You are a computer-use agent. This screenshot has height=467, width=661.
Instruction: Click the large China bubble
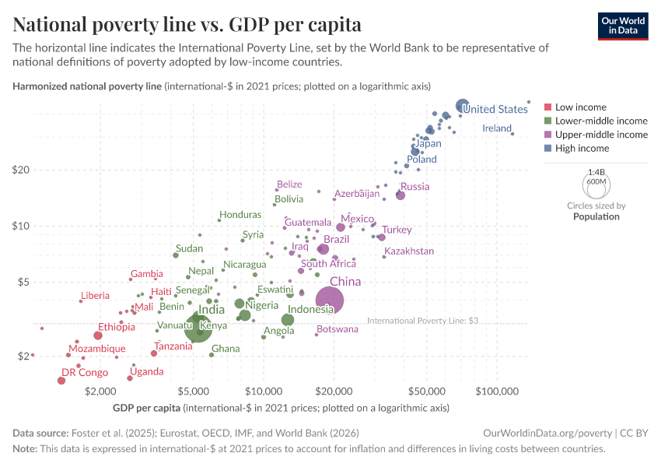tap(330, 300)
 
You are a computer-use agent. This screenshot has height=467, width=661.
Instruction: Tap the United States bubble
tap(462, 106)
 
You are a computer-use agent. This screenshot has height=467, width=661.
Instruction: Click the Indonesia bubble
tap(288, 320)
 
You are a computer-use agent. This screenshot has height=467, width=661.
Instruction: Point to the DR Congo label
tap(85, 372)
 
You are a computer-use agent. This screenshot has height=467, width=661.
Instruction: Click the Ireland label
tap(497, 128)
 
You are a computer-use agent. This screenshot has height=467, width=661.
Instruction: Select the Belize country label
tap(289, 184)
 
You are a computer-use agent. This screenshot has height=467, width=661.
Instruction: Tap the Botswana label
tap(337, 329)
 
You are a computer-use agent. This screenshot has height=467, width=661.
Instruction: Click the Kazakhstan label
tap(409, 251)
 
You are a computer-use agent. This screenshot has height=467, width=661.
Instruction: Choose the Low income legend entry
tap(580, 107)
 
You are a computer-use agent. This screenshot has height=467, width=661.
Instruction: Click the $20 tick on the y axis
tap(20, 170)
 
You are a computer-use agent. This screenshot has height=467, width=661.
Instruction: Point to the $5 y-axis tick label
tap(23, 282)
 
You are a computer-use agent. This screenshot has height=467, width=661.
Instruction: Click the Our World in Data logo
tap(623, 26)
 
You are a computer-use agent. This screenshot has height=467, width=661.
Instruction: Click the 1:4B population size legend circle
tap(596, 184)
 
